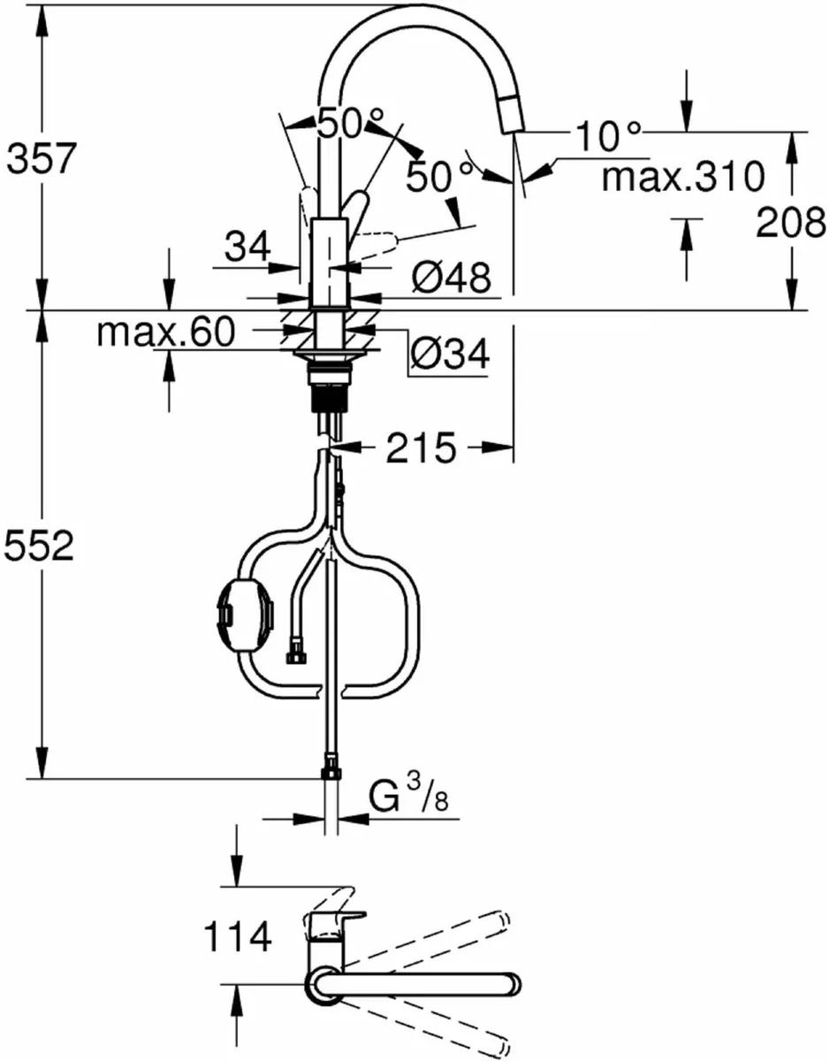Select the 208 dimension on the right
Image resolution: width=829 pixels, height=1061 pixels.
(790, 225)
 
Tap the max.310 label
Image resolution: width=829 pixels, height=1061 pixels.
(681, 177)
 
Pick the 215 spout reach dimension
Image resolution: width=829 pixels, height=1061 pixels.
(420, 449)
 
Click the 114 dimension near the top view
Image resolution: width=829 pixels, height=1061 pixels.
(237, 937)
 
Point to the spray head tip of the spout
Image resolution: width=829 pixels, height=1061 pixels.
(511, 117)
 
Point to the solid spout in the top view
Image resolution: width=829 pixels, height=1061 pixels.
(415, 984)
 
